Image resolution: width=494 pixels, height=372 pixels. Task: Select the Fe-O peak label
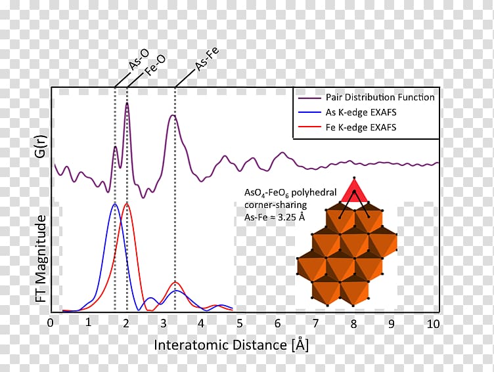coord(156,66)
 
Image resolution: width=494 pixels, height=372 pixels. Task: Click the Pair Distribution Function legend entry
coord(380,97)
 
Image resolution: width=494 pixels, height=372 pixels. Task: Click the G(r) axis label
coord(40,146)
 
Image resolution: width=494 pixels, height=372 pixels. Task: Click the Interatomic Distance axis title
coord(232,344)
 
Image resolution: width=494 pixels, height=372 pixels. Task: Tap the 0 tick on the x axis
coord(51,323)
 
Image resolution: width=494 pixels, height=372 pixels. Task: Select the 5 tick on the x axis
coord(240,323)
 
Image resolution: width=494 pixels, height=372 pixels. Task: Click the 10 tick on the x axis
coord(432,323)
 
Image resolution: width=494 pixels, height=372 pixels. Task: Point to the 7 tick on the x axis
coord(316,323)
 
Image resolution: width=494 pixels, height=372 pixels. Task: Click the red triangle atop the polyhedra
coord(354,192)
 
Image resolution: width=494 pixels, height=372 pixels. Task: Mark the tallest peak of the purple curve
coord(127,103)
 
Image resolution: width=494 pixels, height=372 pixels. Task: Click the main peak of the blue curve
coord(114,205)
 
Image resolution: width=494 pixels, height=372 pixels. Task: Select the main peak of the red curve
coord(127,204)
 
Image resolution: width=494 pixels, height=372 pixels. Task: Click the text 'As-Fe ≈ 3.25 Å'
coord(275,217)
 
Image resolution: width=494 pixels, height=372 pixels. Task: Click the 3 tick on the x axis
coord(164,323)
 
